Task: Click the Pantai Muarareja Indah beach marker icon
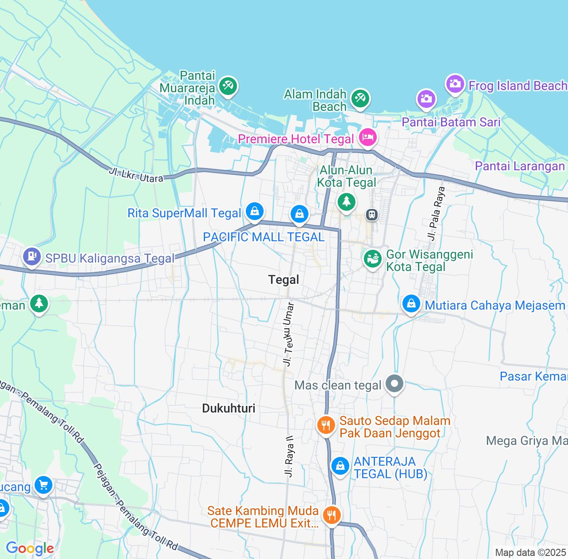(x=228, y=86)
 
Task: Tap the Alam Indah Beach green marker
(x=359, y=98)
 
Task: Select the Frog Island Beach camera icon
(x=454, y=84)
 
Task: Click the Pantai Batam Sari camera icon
(x=426, y=99)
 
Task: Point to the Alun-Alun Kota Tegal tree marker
(x=346, y=202)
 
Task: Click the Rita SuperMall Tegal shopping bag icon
(x=254, y=212)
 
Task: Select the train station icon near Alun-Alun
(x=371, y=215)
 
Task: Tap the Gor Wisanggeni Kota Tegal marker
(x=373, y=259)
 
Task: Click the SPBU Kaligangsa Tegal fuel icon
(x=32, y=257)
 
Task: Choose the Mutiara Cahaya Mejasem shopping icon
(x=411, y=304)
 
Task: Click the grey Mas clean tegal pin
(x=394, y=384)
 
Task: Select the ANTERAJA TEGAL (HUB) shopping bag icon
(x=340, y=466)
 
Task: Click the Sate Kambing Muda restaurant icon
(x=331, y=516)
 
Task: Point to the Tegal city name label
(x=284, y=279)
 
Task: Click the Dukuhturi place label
(x=229, y=408)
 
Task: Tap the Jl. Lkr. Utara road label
(x=136, y=174)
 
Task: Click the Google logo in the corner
(x=30, y=549)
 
